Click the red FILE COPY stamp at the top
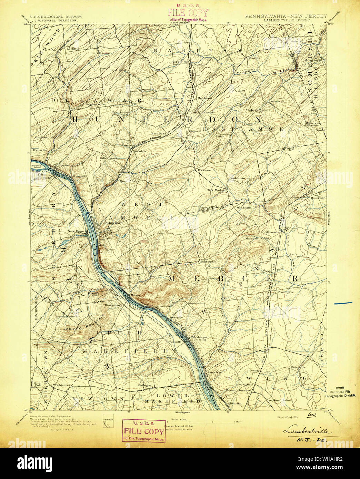click(188, 13)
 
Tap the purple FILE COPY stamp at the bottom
click(144, 431)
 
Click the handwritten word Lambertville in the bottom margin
click(307, 431)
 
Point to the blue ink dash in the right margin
click(343, 303)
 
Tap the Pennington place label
click(285, 292)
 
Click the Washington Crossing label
click(200, 338)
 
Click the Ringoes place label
click(194, 131)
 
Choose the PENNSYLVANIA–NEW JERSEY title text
click(286, 16)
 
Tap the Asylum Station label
click(282, 400)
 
